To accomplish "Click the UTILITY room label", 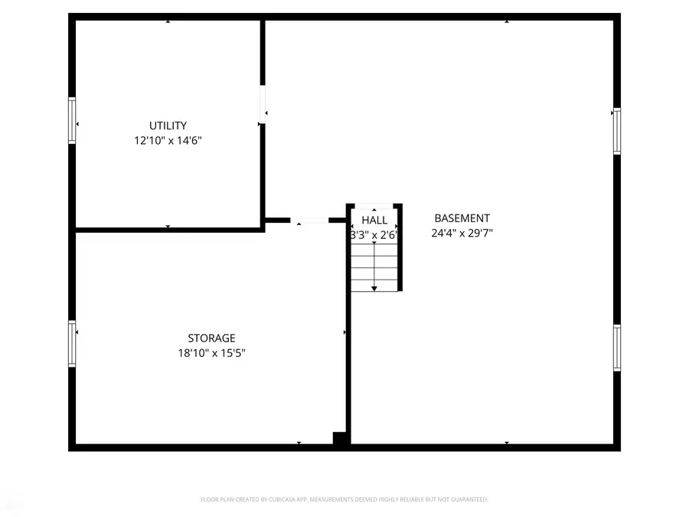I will point(168,126).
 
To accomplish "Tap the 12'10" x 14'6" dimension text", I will point(168,141).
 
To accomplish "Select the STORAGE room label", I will point(211,338).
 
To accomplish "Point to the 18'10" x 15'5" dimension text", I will point(211,353).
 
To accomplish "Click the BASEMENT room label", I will point(462,218).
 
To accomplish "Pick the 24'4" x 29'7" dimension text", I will point(462,234).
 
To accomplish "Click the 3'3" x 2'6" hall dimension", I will point(374,235).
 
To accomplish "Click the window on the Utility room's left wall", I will point(73,121).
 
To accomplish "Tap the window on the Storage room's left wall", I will point(73,344).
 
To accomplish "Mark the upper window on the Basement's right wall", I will point(616,132).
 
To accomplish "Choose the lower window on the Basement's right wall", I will point(616,348).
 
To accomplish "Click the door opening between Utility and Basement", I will point(263,104).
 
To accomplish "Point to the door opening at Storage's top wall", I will point(309,221).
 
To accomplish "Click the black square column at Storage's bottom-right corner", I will point(340,438).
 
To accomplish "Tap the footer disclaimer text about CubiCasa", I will point(344,499).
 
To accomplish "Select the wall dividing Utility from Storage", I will point(168,229).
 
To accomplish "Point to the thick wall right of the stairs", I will point(400,249).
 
